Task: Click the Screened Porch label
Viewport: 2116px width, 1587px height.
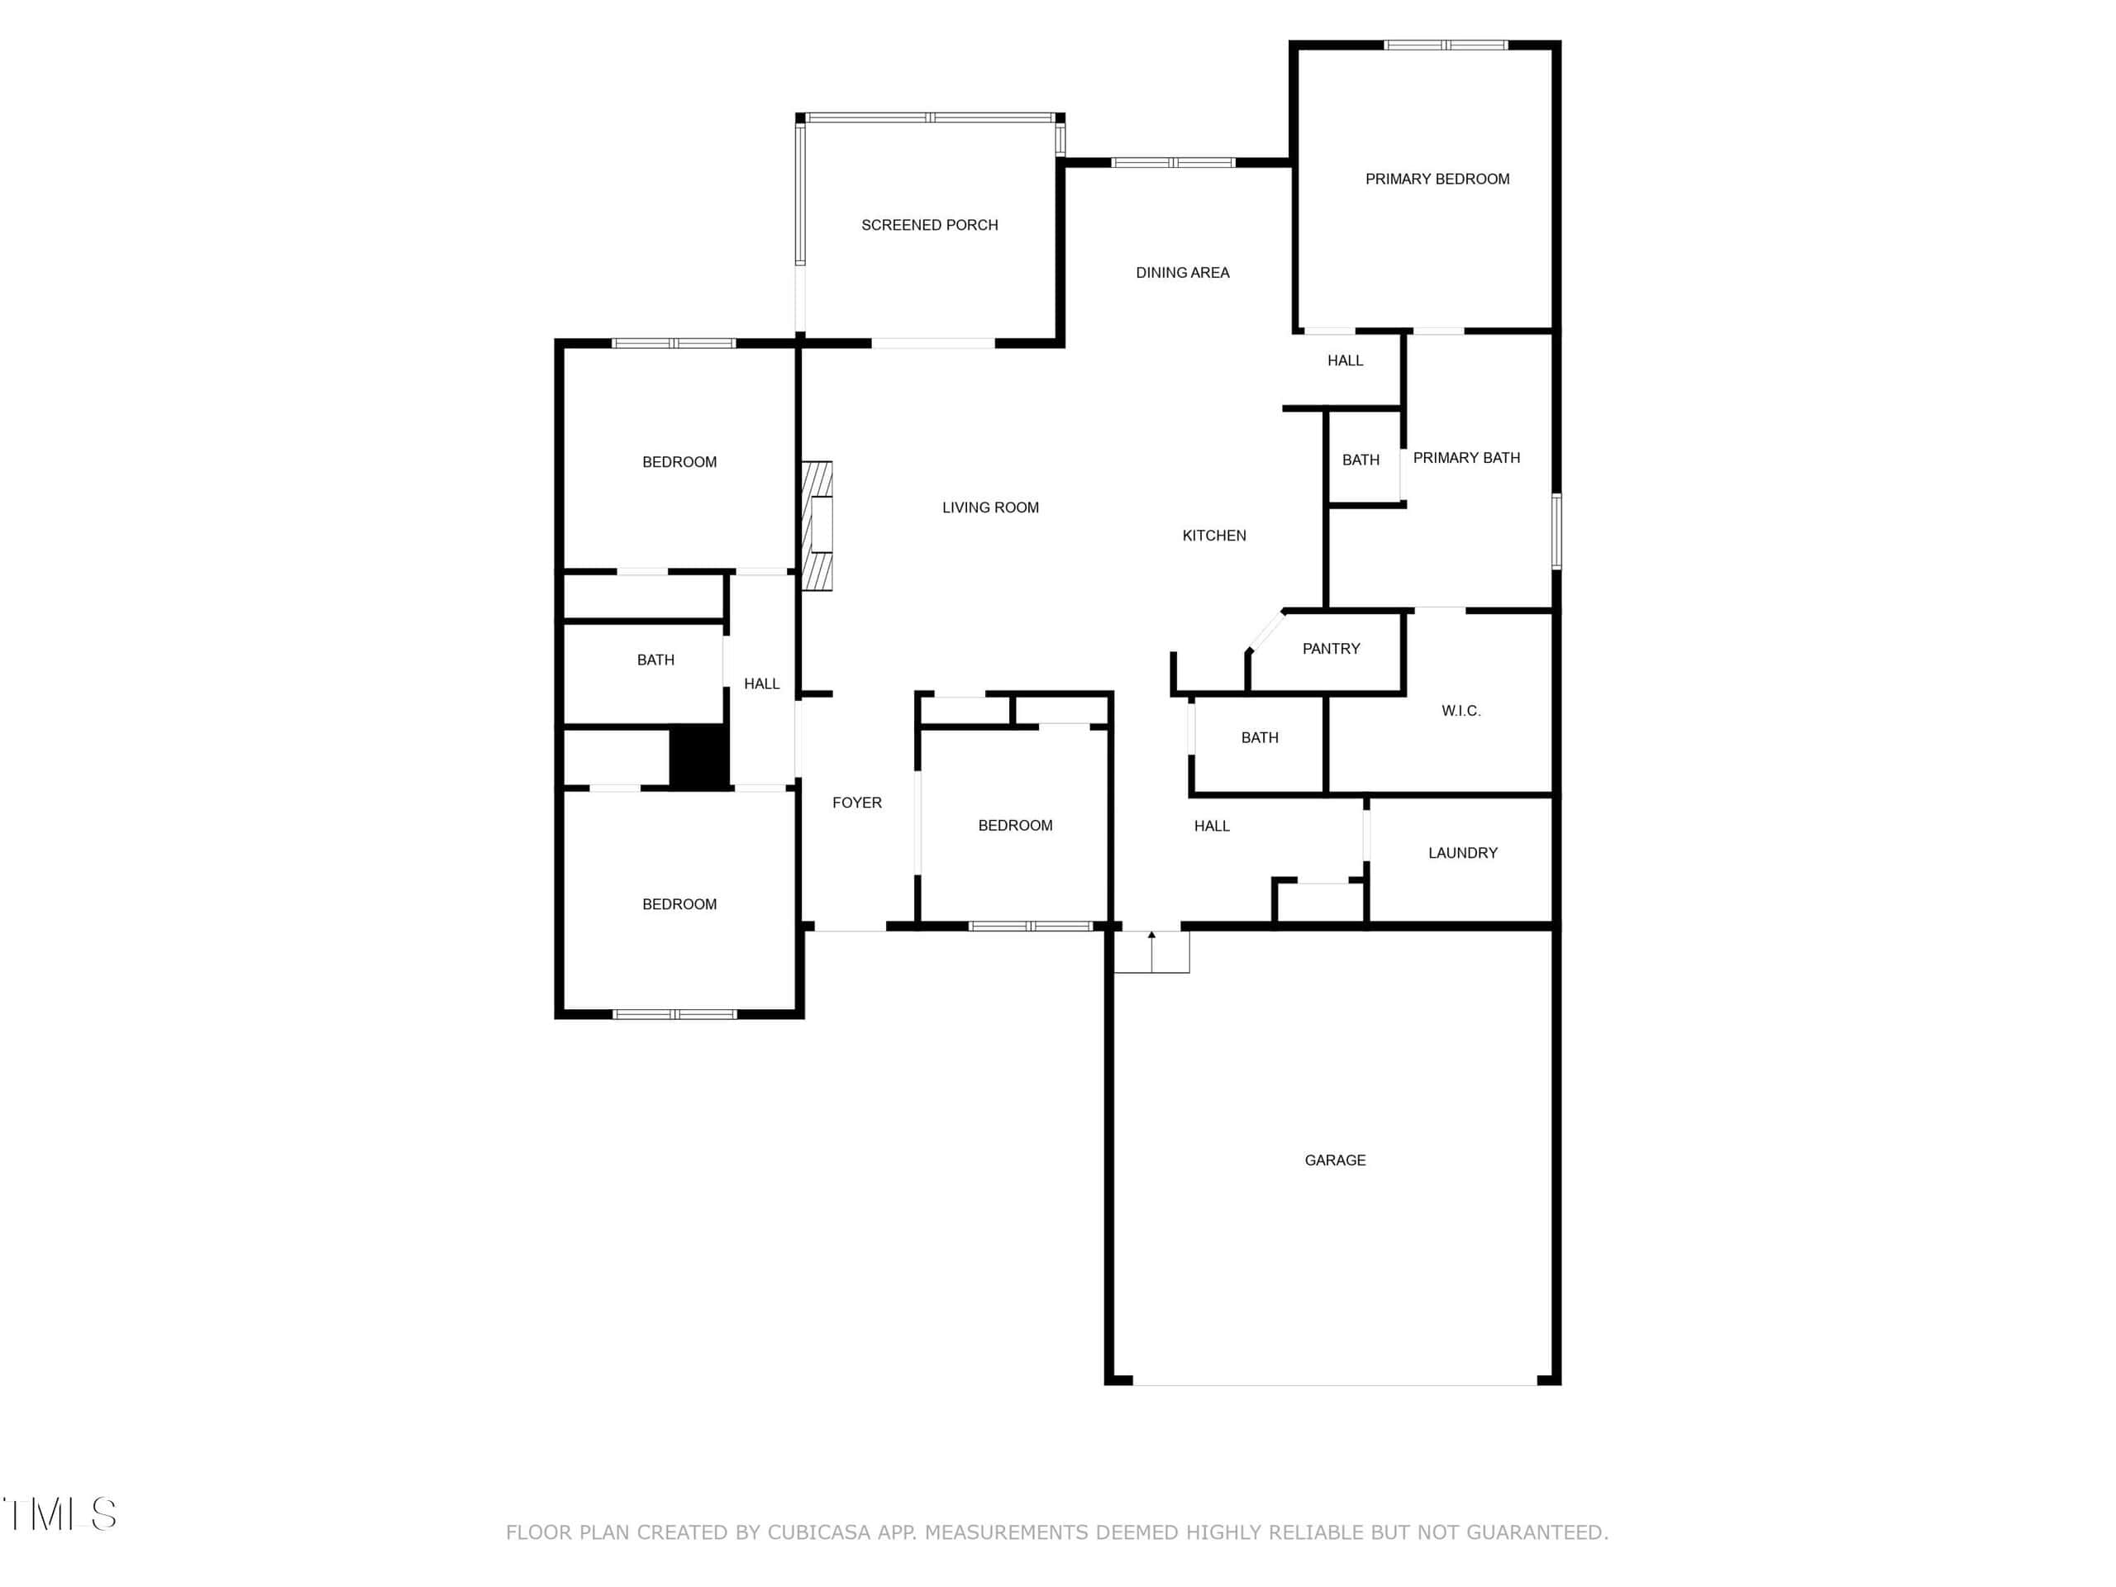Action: coord(929,225)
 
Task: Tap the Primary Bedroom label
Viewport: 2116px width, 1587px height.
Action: coord(1437,179)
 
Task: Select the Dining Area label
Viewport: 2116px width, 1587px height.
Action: coord(1182,273)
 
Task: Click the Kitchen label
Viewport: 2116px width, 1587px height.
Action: coord(1214,536)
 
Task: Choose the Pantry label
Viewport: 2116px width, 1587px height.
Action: coord(1331,649)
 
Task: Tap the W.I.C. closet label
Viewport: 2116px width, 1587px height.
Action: coord(1461,711)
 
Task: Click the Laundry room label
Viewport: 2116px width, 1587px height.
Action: coord(1463,853)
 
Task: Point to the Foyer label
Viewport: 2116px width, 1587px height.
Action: coord(856,803)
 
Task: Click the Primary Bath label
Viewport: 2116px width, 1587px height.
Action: coord(1466,458)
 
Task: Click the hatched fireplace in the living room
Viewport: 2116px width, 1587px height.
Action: coord(817,527)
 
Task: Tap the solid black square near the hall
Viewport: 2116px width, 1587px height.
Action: coord(699,755)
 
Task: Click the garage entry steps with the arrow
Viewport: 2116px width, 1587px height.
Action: coord(1151,952)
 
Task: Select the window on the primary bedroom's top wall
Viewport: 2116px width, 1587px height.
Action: coord(1446,45)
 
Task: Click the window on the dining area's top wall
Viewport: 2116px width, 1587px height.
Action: coord(1173,163)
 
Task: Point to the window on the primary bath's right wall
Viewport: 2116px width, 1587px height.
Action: coord(1556,531)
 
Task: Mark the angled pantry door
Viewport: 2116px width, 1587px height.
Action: coord(1265,631)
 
